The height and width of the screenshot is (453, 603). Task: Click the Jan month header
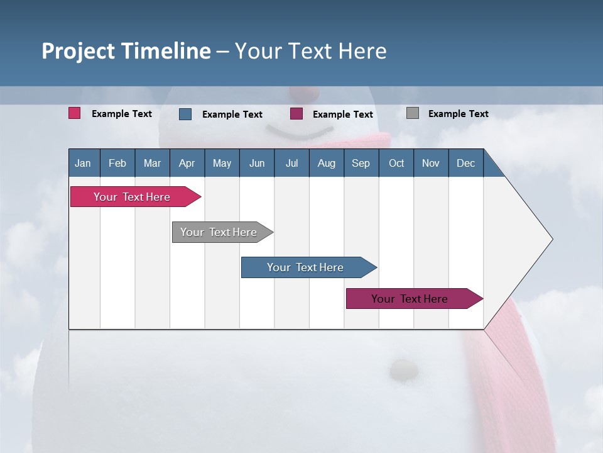(x=83, y=163)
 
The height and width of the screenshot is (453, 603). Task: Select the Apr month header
(x=187, y=163)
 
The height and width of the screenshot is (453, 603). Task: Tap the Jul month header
(x=291, y=163)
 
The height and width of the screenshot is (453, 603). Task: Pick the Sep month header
(x=361, y=163)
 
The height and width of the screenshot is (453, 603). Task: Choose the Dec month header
(x=465, y=163)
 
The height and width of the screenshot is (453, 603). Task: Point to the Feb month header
(x=117, y=163)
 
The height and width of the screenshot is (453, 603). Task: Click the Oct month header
(x=396, y=163)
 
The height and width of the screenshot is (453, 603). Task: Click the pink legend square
(x=75, y=113)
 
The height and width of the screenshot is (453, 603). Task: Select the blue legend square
(x=185, y=114)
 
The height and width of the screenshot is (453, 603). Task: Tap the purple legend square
(x=296, y=114)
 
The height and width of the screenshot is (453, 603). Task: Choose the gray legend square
(x=413, y=113)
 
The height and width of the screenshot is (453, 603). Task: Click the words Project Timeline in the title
(x=126, y=51)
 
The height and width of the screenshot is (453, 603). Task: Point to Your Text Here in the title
(x=310, y=51)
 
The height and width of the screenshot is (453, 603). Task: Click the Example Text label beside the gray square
(x=458, y=114)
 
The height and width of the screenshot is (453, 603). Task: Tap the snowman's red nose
(x=303, y=92)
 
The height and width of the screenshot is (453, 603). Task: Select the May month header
(x=222, y=163)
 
